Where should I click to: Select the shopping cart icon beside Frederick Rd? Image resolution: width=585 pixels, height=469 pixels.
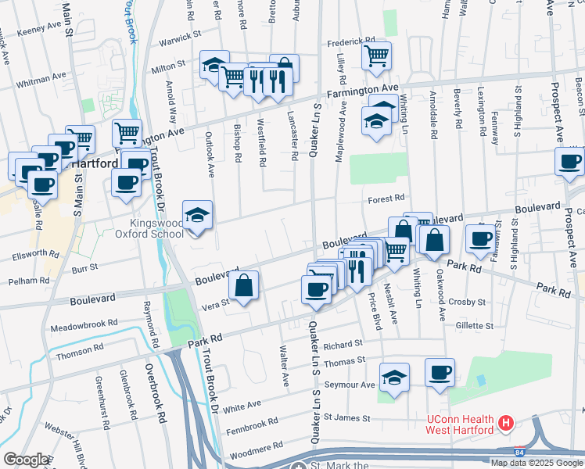[x=377, y=55]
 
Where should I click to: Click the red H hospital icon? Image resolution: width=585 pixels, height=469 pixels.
[x=505, y=424]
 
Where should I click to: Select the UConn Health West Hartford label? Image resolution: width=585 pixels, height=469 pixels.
[x=460, y=424]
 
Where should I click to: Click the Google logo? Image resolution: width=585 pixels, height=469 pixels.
[x=26, y=459]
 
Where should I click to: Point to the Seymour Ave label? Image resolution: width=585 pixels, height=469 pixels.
[x=350, y=385]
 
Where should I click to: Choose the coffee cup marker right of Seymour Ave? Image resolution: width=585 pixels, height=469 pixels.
[x=440, y=372]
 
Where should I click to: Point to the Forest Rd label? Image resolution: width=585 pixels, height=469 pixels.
[x=387, y=199]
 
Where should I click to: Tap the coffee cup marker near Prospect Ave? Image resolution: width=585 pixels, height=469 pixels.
[x=569, y=161]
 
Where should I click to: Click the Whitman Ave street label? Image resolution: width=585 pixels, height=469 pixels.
[x=41, y=77]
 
